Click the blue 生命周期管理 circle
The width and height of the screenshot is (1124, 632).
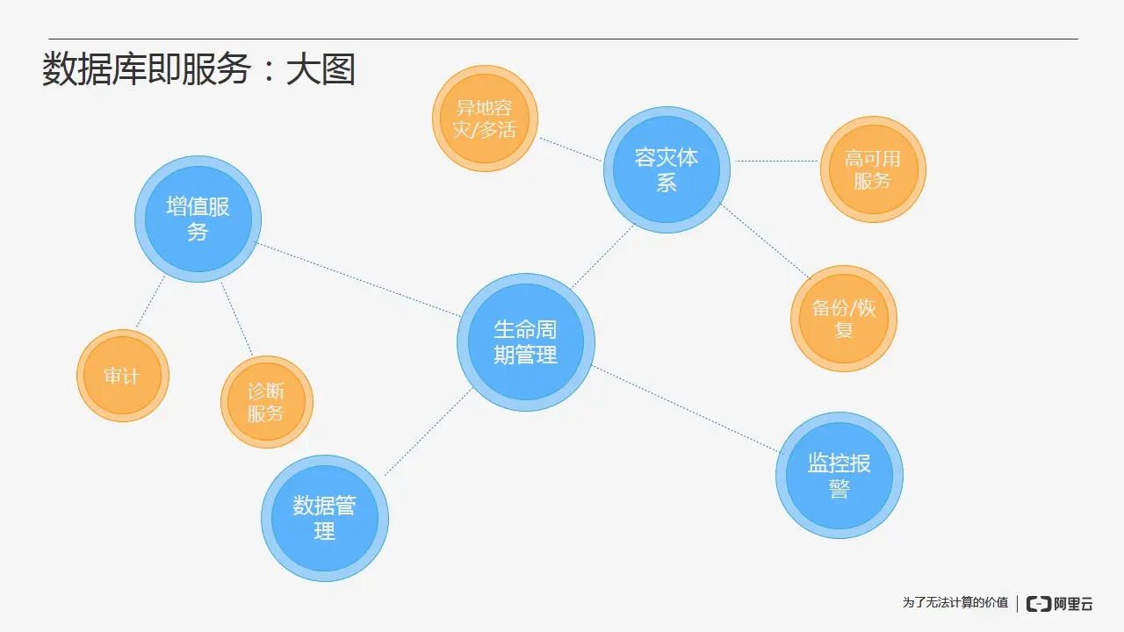[526, 342]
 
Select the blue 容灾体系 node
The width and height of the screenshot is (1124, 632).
[666, 169]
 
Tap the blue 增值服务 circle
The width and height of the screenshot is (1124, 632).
[198, 219]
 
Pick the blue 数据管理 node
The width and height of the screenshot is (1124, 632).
[325, 518]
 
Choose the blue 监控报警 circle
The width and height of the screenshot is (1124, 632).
[839, 475]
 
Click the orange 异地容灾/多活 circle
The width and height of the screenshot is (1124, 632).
[485, 118]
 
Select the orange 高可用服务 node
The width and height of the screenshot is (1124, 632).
[873, 169]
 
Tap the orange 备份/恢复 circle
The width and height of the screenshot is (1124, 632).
[844, 319]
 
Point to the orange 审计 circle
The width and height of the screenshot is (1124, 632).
[122, 376]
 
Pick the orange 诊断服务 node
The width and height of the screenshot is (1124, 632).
[266, 402]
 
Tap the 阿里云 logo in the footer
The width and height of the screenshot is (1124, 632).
[1060, 603]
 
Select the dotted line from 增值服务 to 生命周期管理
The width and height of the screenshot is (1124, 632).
[358, 279]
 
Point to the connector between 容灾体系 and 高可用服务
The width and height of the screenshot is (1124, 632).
[776, 162]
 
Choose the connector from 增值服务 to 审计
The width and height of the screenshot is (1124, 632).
[150, 303]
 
